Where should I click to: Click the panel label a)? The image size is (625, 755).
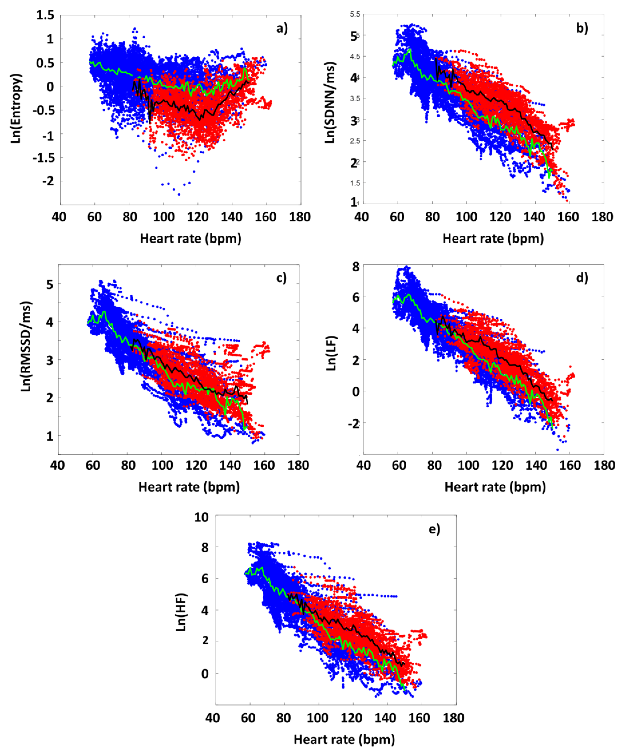point(282,28)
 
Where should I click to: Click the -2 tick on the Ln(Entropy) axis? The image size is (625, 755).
point(48,181)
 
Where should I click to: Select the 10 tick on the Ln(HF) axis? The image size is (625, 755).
point(201,517)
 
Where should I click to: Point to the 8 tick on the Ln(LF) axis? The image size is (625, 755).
point(356,267)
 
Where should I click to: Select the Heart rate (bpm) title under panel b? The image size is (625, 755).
point(493,238)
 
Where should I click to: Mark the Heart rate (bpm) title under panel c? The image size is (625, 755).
point(189,487)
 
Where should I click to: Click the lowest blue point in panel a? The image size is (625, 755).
point(179,195)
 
